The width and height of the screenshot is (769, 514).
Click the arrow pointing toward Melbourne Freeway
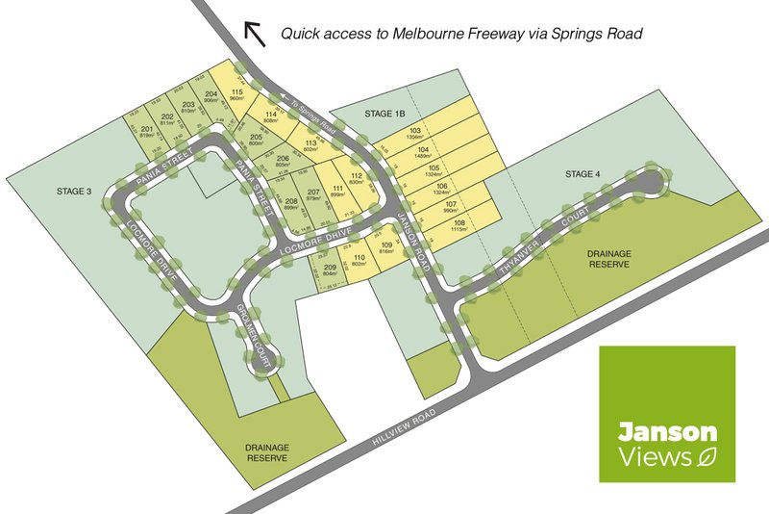pos(256,35)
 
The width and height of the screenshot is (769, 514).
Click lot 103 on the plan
pos(415,134)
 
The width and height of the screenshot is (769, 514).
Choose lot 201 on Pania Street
pos(147,132)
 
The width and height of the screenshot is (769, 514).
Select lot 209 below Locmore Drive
pos(331,270)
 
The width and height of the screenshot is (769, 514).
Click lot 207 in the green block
pos(313,196)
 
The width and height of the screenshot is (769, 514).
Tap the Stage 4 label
pos(582,174)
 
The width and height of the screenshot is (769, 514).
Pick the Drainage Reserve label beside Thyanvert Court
pos(608,259)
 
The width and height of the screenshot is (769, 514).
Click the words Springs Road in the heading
pos(595,33)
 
